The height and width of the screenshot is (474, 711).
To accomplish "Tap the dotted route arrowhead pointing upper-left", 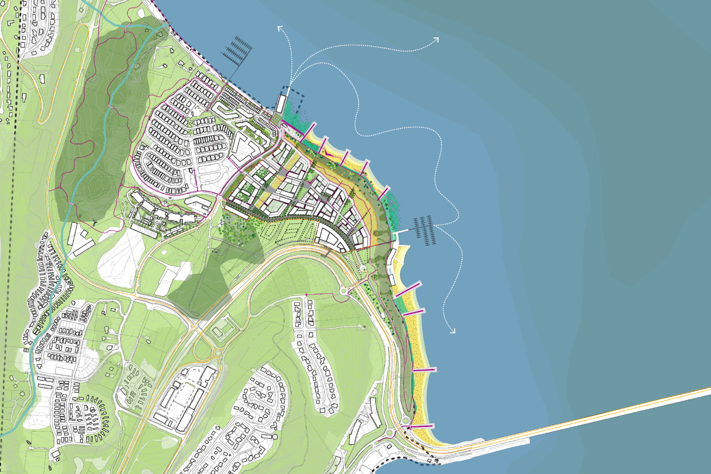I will coord(280,28).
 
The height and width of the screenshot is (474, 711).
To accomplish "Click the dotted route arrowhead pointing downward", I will coord(453,331).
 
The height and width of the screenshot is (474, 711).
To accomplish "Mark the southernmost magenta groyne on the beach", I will coord(421,426).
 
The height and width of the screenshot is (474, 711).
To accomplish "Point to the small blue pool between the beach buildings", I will coord(390,271).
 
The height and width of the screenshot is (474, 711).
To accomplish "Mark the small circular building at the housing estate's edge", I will coord(275,437).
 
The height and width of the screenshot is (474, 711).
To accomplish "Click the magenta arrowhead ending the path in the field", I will coord(306,295).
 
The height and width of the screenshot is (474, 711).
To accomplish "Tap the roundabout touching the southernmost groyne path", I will coord(406,422).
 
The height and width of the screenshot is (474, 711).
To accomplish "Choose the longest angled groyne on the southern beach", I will coord(408,290).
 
